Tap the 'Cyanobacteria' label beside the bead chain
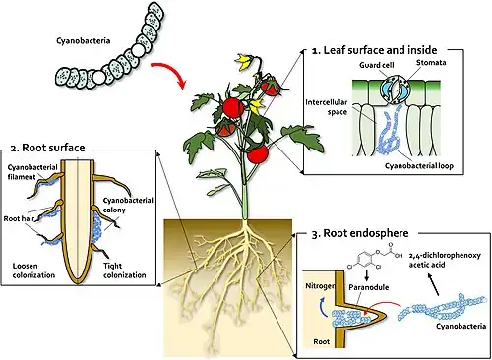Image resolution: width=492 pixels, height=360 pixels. (84, 41)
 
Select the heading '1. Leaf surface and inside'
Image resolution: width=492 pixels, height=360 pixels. (374, 50)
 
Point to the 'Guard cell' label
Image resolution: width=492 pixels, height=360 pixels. (377, 65)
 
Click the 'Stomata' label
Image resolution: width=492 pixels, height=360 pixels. (431, 62)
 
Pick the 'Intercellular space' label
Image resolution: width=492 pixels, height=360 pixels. (327, 107)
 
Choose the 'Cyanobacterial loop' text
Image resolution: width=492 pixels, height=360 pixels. (419, 166)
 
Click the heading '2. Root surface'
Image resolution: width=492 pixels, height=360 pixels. (48, 148)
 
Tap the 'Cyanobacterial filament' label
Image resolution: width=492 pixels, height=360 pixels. (32, 172)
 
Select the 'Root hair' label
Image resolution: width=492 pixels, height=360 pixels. (19, 218)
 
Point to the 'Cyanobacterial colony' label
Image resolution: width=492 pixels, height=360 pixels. (128, 205)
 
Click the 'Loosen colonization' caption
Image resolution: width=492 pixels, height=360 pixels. (33, 270)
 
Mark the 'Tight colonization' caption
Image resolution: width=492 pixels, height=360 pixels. (125, 270)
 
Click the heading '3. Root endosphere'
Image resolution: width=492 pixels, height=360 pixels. (360, 233)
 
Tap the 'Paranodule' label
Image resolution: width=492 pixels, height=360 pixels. (369, 287)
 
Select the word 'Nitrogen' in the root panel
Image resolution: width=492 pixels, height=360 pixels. (320, 286)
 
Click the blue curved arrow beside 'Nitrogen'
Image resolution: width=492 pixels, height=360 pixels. (322, 307)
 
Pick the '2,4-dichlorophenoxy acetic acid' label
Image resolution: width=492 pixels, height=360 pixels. (445, 260)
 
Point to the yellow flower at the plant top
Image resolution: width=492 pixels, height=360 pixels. (244, 62)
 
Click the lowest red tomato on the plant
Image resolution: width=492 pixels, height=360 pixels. (258, 154)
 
